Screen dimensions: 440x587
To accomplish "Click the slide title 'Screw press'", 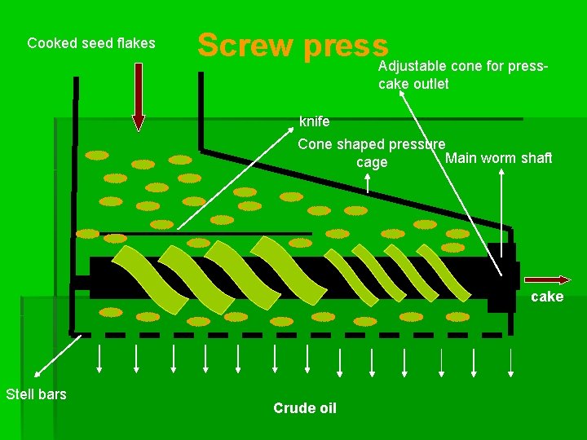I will click(293, 46).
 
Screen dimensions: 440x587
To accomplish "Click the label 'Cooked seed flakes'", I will click(91, 43).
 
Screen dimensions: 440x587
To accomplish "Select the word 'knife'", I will click(315, 122).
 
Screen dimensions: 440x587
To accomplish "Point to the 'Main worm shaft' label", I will click(498, 157).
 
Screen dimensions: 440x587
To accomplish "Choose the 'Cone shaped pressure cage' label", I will click(372, 153).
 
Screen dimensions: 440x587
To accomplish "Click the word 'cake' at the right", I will click(547, 297).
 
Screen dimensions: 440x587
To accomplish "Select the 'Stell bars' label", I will click(36, 394).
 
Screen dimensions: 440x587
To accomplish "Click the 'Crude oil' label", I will click(305, 408).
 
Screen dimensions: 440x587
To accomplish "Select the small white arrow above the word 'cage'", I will click(368, 183).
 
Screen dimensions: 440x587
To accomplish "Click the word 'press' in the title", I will click(344, 46).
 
